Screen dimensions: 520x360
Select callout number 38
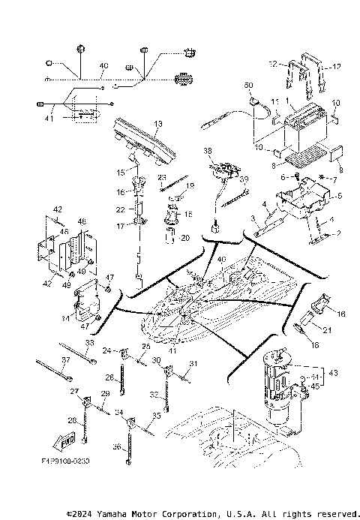(208, 150)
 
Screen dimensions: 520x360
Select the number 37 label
(65, 360)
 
